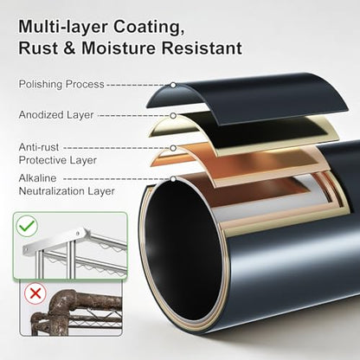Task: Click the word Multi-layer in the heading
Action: pyautogui.click(x=63, y=27)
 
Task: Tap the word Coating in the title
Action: pyautogui.click(x=149, y=27)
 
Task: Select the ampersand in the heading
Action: pyautogui.click(x=69, y=48)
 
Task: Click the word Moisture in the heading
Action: pyautogui.click(x=119, y=48)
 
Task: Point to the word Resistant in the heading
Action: pyautogui.click(x=202, y=48)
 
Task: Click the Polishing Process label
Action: pyautogui.click(x=61, y=84)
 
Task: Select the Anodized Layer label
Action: pyautogui.click(x=56, y=115)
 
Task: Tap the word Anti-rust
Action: pyautogui.click(x=39, y=147)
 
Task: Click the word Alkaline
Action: pyautogui.click(x=37, y=178)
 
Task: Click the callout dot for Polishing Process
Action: pyautogui.click(x=173, y=85)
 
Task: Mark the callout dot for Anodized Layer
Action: pyautogui.click(x=173, y=116)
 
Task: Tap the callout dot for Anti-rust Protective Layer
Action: pyautogui.click(x=173, y=148)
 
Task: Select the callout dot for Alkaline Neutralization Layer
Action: pyautogui.click(x=173, y=179)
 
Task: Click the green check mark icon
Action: pyautogui.click(x=27, y=226)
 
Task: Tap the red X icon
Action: pyautogui.click(x=35, y=293)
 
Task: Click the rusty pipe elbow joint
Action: pyautogui.click(x=62, y=303)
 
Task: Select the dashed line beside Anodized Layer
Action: pyautogui.click(x=134, y=116)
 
